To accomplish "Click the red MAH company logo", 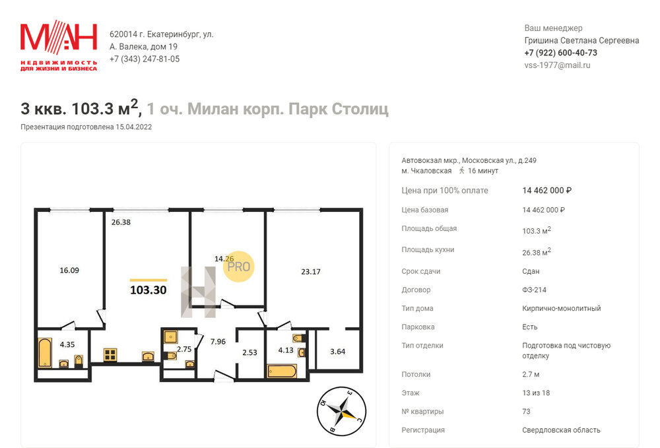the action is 59,45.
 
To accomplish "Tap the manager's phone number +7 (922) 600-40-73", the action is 560,53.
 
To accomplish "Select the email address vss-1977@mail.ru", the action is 557,65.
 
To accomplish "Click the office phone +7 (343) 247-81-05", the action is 145,59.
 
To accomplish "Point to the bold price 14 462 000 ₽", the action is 546,191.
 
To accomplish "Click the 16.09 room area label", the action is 69,270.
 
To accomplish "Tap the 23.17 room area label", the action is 311,272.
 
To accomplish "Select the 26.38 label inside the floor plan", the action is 121,222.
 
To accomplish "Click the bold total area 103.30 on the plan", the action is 148,290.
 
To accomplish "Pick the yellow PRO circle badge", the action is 239,267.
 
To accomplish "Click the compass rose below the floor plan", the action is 341,411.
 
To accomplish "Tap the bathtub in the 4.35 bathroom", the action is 45,352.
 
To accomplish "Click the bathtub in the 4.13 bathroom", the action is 282,371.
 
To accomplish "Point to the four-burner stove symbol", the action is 110,354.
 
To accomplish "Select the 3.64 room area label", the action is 337,352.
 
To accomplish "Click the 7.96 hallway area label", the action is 218,342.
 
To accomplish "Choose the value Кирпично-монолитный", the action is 562,308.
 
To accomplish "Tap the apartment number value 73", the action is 526,412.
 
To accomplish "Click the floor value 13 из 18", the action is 536,393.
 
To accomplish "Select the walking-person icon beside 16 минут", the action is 462,170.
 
